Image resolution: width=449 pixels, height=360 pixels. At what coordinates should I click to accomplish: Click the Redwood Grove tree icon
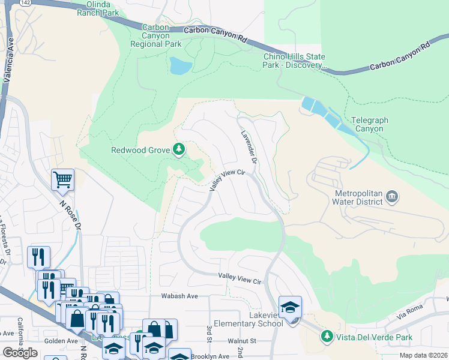coord(178,149)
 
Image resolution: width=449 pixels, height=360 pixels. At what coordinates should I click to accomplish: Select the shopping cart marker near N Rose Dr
coord(62,179)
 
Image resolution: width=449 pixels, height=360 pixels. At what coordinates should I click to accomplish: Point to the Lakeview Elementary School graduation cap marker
coord(290,307)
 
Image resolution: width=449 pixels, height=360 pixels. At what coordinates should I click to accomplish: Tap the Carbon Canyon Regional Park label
coord(161,36)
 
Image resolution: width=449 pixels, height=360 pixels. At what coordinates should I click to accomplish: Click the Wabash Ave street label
coord(179,296)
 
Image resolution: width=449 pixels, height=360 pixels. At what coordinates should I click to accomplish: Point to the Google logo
coord(20,352)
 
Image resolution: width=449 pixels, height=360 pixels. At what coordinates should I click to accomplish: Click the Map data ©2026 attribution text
coord(424,355)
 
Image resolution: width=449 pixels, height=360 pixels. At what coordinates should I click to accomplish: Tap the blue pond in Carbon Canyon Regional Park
coord(180,65)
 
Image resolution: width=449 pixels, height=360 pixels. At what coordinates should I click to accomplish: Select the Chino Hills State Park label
coord(295,61)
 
